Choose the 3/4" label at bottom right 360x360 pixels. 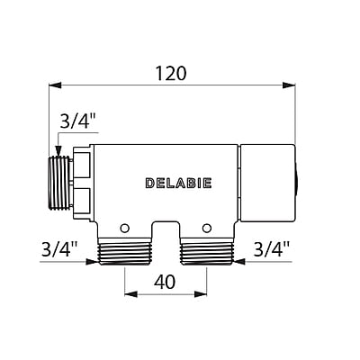point(271,247)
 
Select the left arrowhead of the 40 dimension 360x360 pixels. point(128,294)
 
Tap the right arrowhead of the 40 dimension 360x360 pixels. point(206,294)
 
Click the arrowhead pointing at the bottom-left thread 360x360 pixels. point(93,263)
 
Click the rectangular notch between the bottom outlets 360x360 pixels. point(166,229)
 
